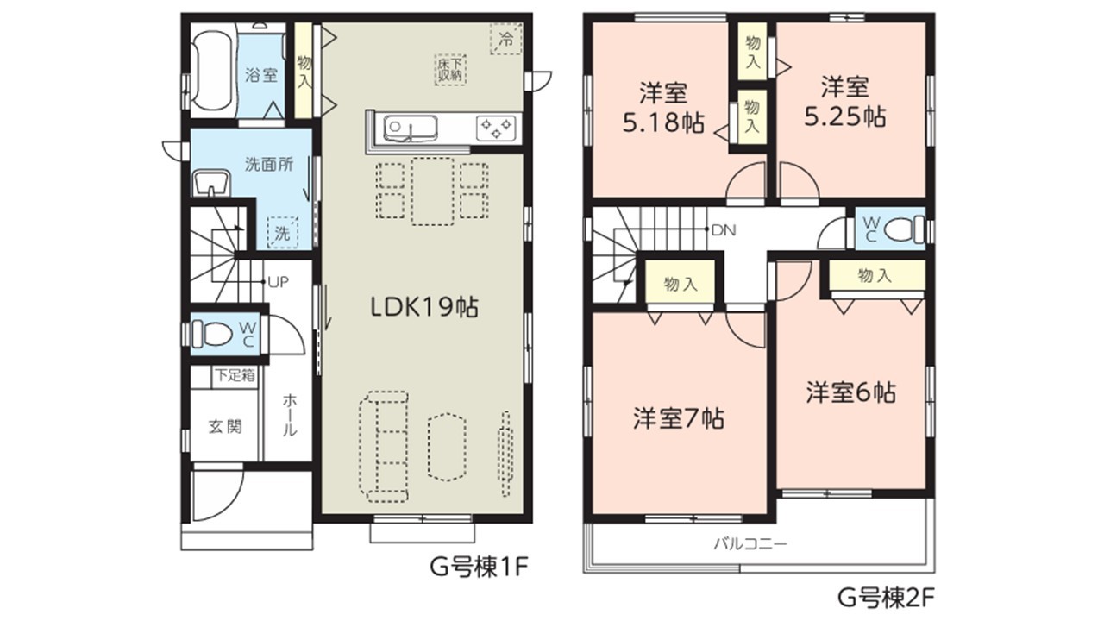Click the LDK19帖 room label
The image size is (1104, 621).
coord(424,308)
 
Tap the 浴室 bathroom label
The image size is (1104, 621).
coord(261,75)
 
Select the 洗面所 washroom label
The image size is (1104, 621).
coord(269,164)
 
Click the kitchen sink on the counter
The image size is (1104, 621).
coord(410,127)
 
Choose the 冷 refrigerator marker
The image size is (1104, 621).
coord(505,39)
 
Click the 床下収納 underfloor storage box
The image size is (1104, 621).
coord(450,70)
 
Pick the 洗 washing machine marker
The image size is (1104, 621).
coord(282,233)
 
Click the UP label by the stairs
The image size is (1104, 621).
coord(279,282)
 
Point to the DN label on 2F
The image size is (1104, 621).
coord(724,229)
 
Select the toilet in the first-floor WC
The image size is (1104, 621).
coord(211,334)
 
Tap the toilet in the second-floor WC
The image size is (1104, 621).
coord(905,229)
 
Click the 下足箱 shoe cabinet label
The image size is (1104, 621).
coord(235,375)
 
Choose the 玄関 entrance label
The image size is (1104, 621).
coord(225,426)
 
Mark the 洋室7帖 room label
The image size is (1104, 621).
coord(679,419)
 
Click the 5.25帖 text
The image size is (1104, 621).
coord(846,117)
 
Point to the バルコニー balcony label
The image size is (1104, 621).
coord(750,544)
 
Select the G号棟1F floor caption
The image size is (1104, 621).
coord(479,568)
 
